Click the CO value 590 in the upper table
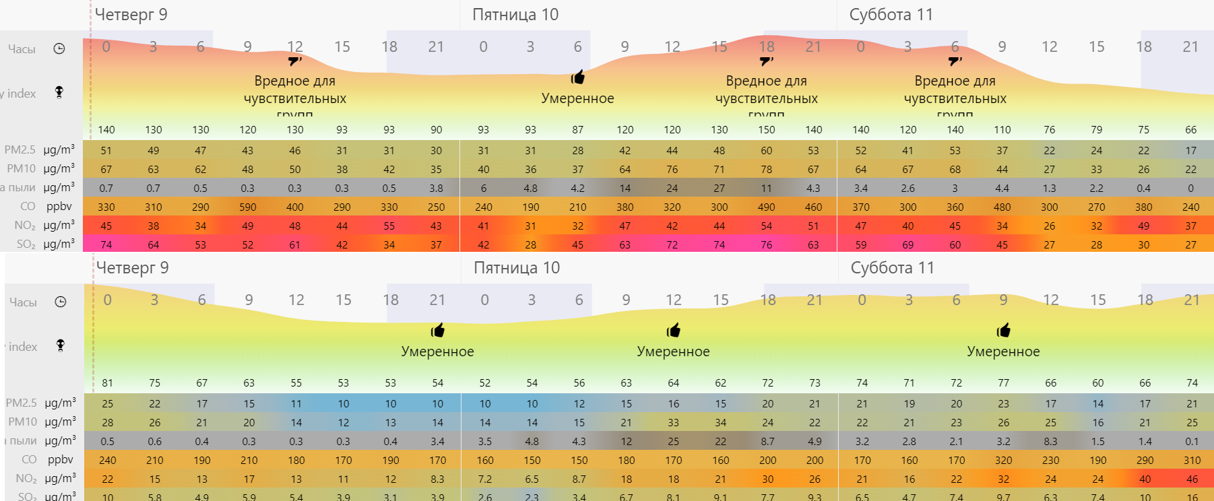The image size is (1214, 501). [248, 207]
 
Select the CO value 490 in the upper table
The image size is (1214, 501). [767, 207]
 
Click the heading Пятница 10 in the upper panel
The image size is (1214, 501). [515, 15]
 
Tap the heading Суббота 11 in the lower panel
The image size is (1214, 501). [892, 268]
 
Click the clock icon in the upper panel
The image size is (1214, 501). [59, 48]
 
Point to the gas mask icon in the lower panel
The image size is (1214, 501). [61, 345]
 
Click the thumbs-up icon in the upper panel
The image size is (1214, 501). [578, 77]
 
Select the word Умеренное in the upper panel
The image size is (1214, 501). [578, 98]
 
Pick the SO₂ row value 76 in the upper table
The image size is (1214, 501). [767, 244]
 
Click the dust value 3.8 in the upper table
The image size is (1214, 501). [437, 188]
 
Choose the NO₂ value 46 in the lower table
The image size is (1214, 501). [1192, 479]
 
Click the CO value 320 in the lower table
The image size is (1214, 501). [1004, 460]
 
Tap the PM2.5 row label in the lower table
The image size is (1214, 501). [22, 403]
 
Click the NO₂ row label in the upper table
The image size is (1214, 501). [25, 226]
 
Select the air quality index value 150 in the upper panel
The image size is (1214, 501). [767, 129]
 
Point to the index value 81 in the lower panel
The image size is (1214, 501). [108, 382]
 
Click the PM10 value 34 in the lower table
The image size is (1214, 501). [721, 422]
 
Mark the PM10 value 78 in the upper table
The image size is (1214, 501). [767, 169]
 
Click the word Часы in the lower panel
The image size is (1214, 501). [24, 302]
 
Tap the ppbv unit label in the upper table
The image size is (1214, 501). [59, 207]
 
